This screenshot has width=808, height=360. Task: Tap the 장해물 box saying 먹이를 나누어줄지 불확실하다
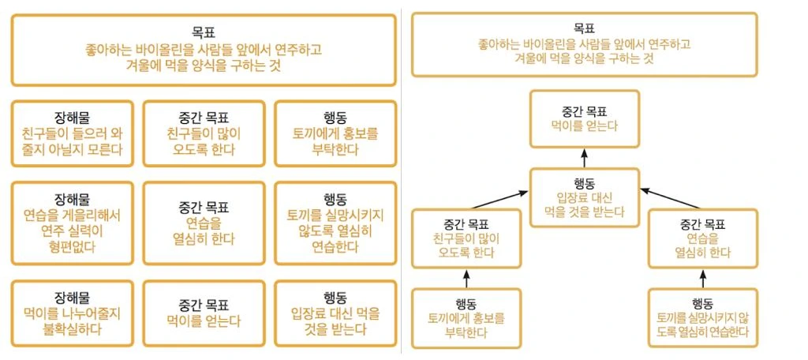73,312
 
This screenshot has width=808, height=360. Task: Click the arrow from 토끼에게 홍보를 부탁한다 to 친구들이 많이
466,279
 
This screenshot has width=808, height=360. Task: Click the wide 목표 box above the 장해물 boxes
204,50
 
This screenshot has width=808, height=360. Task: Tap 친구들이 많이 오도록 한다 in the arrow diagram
466,238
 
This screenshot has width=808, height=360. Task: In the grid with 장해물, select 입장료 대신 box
335,312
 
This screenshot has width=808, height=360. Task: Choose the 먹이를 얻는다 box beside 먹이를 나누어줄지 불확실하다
204,312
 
